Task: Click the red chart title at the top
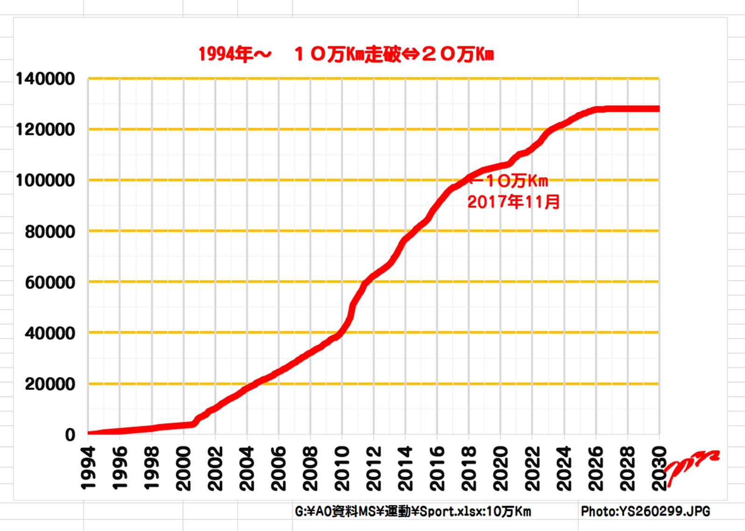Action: tap(346, 54)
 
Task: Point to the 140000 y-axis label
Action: tap(45, 79)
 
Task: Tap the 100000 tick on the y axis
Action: tap(45, 180)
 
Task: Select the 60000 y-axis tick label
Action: tap(50, 282)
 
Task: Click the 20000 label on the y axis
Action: tap(50, 384)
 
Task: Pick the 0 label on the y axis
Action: tap(70, 435)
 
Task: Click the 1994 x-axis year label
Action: tap(88, 468)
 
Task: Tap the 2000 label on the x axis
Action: tap(183, 468)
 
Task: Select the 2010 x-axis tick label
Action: tap(342, 468)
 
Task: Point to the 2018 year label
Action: tap(469, 468)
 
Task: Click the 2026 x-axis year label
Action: tap(595, 468)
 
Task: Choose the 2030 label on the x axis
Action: tap(659, 468)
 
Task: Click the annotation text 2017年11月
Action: tap(513, 202)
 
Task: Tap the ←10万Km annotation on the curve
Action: tap(510, 181)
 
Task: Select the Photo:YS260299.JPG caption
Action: tap(645, 511)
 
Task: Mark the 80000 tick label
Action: tap(50, 231)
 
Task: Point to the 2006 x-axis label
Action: tap(278, 468)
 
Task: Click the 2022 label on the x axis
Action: tap(532, 468)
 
